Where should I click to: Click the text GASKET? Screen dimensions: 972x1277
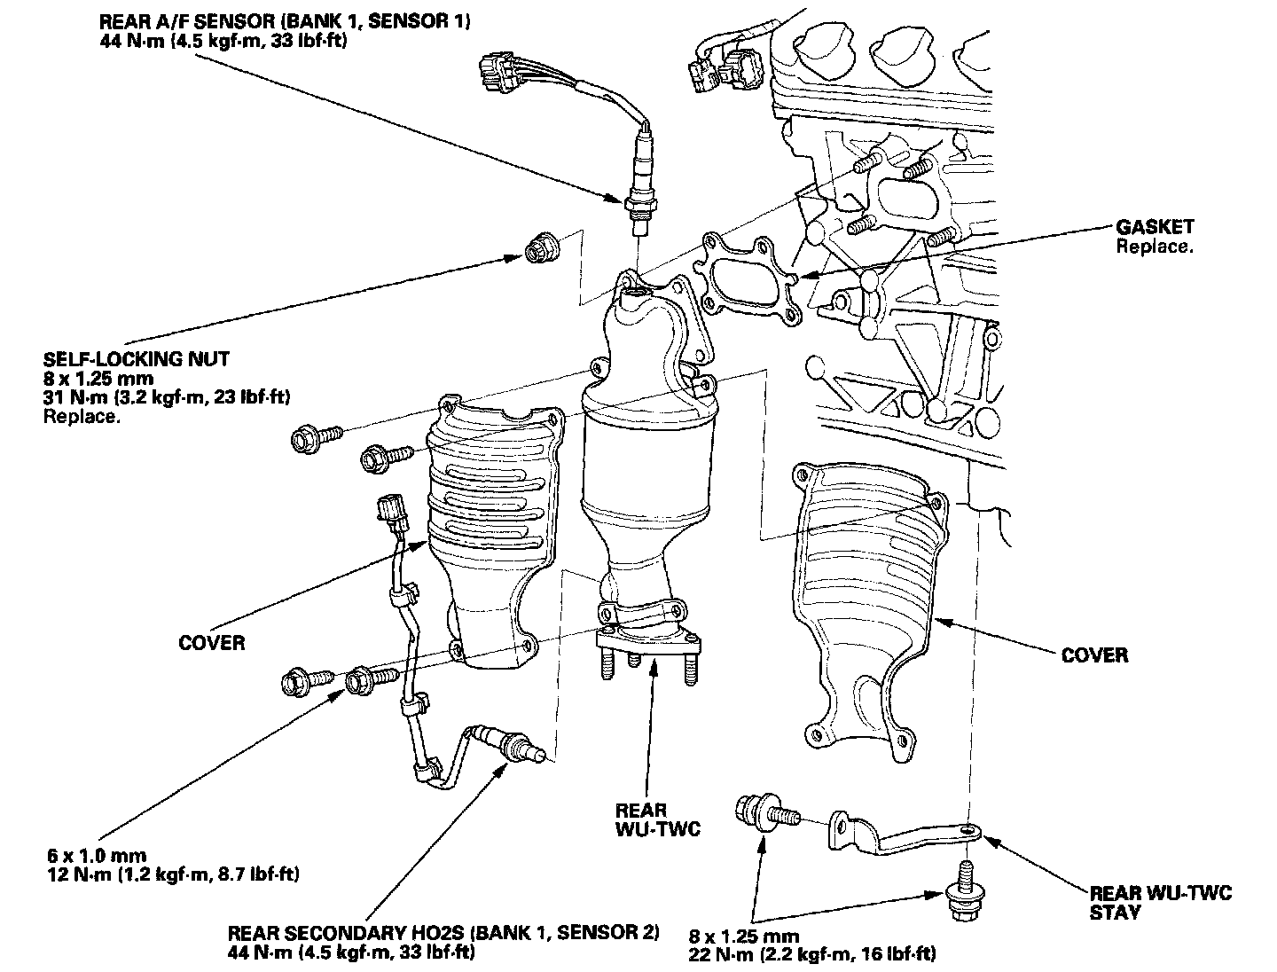tap(1155, 227)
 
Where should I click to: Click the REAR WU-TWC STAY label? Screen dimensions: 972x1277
tap(1160, 902)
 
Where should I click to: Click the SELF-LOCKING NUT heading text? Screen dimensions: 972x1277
tap(136, 359)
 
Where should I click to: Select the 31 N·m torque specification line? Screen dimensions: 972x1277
tap(167, 397)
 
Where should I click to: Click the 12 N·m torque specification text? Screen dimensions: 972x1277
tap(173, 874)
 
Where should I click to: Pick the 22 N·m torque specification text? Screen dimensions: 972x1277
tap(811, 954)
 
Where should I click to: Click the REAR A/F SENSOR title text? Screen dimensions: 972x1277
tap(285, 20)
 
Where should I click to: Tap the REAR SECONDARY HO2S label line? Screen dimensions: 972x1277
tap(443, 933)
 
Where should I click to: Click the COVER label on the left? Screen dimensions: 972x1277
tap(211, 642)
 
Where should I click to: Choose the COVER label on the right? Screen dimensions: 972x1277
tap(1094, 655)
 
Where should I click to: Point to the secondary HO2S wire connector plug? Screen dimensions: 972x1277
tap(391, 513)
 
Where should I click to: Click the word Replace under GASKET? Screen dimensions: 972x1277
tap(1155, 247)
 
